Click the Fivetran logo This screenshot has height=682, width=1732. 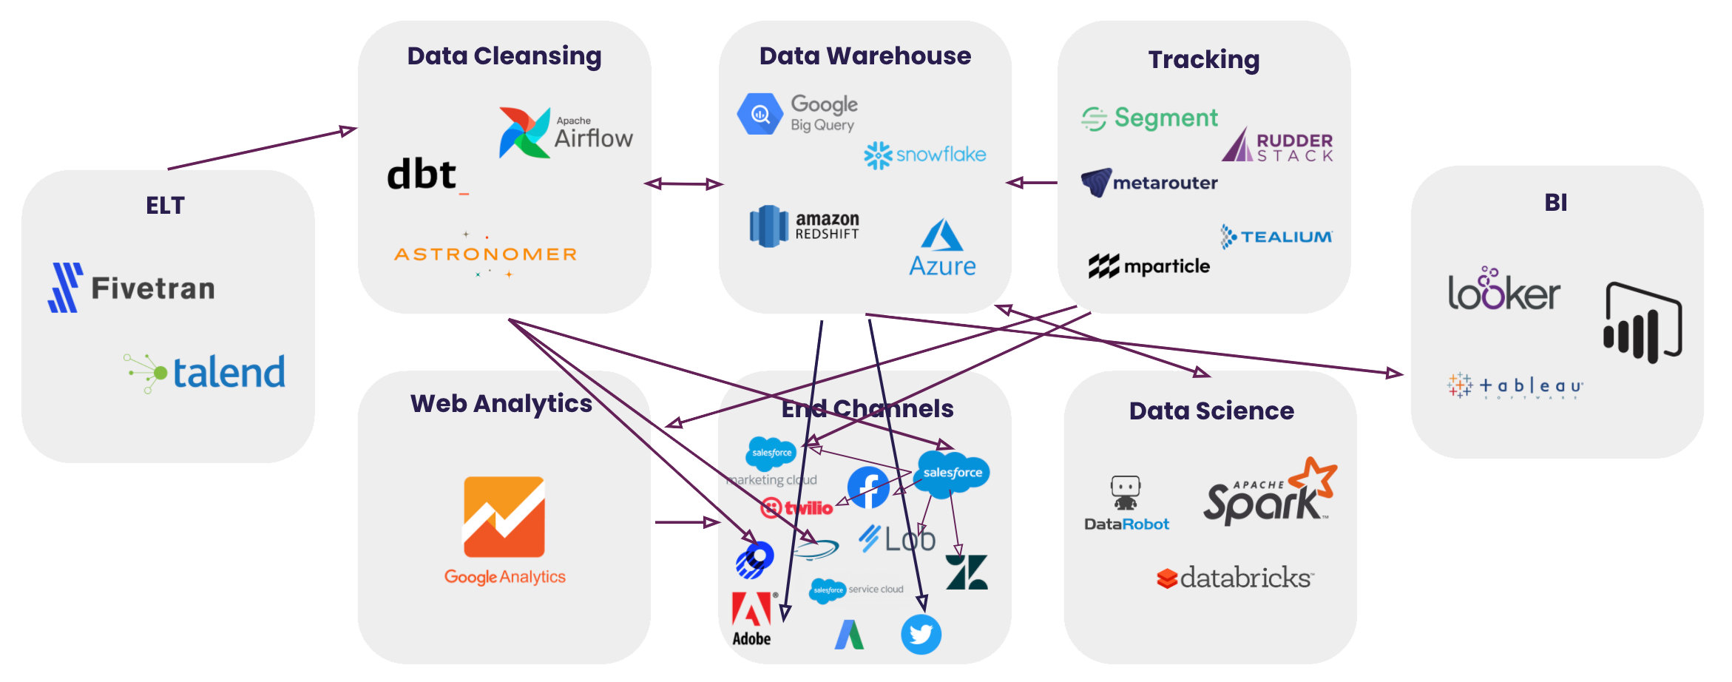tap(132, 288)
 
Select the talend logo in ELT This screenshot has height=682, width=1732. tap(206, 372)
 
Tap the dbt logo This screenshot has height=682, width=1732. tap(423, 175)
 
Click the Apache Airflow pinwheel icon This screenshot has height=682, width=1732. tap(524, 133)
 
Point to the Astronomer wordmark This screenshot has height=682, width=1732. tap(486, 254)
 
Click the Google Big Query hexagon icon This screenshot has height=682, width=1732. tap(760, 114)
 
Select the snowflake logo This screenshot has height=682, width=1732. tap(924, 155)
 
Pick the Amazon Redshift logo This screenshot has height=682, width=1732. tap(805, 226)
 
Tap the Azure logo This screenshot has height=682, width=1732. tap(942, 248)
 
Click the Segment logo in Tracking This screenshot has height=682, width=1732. tap(1150, 118)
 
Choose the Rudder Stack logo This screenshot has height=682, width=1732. tap(1277, 145)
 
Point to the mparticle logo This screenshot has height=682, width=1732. tap(1149, 266)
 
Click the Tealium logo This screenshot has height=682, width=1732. tap(1276, 237)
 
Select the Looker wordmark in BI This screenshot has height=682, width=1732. tap(1503, 290)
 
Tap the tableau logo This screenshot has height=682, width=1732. tap(1515, 385)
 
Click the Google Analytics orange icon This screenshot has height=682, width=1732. tap(504, 516)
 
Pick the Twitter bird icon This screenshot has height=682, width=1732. tap(921, 634)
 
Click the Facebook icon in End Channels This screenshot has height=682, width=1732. tap(868, 487)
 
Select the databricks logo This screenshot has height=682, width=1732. tap(1235, 578)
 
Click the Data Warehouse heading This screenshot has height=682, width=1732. tap(865, 56)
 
